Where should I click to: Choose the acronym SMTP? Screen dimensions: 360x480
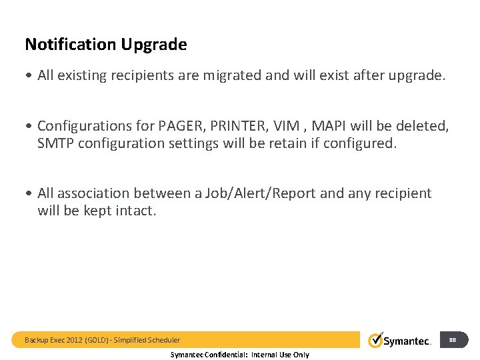coord(55,143)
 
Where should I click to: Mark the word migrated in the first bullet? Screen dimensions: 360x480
coord(230,75)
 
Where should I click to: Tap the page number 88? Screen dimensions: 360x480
coord(453,340)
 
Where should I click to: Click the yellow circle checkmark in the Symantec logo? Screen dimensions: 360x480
coord(375,339)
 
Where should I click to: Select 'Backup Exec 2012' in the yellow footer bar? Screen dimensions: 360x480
coord(51,340)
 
